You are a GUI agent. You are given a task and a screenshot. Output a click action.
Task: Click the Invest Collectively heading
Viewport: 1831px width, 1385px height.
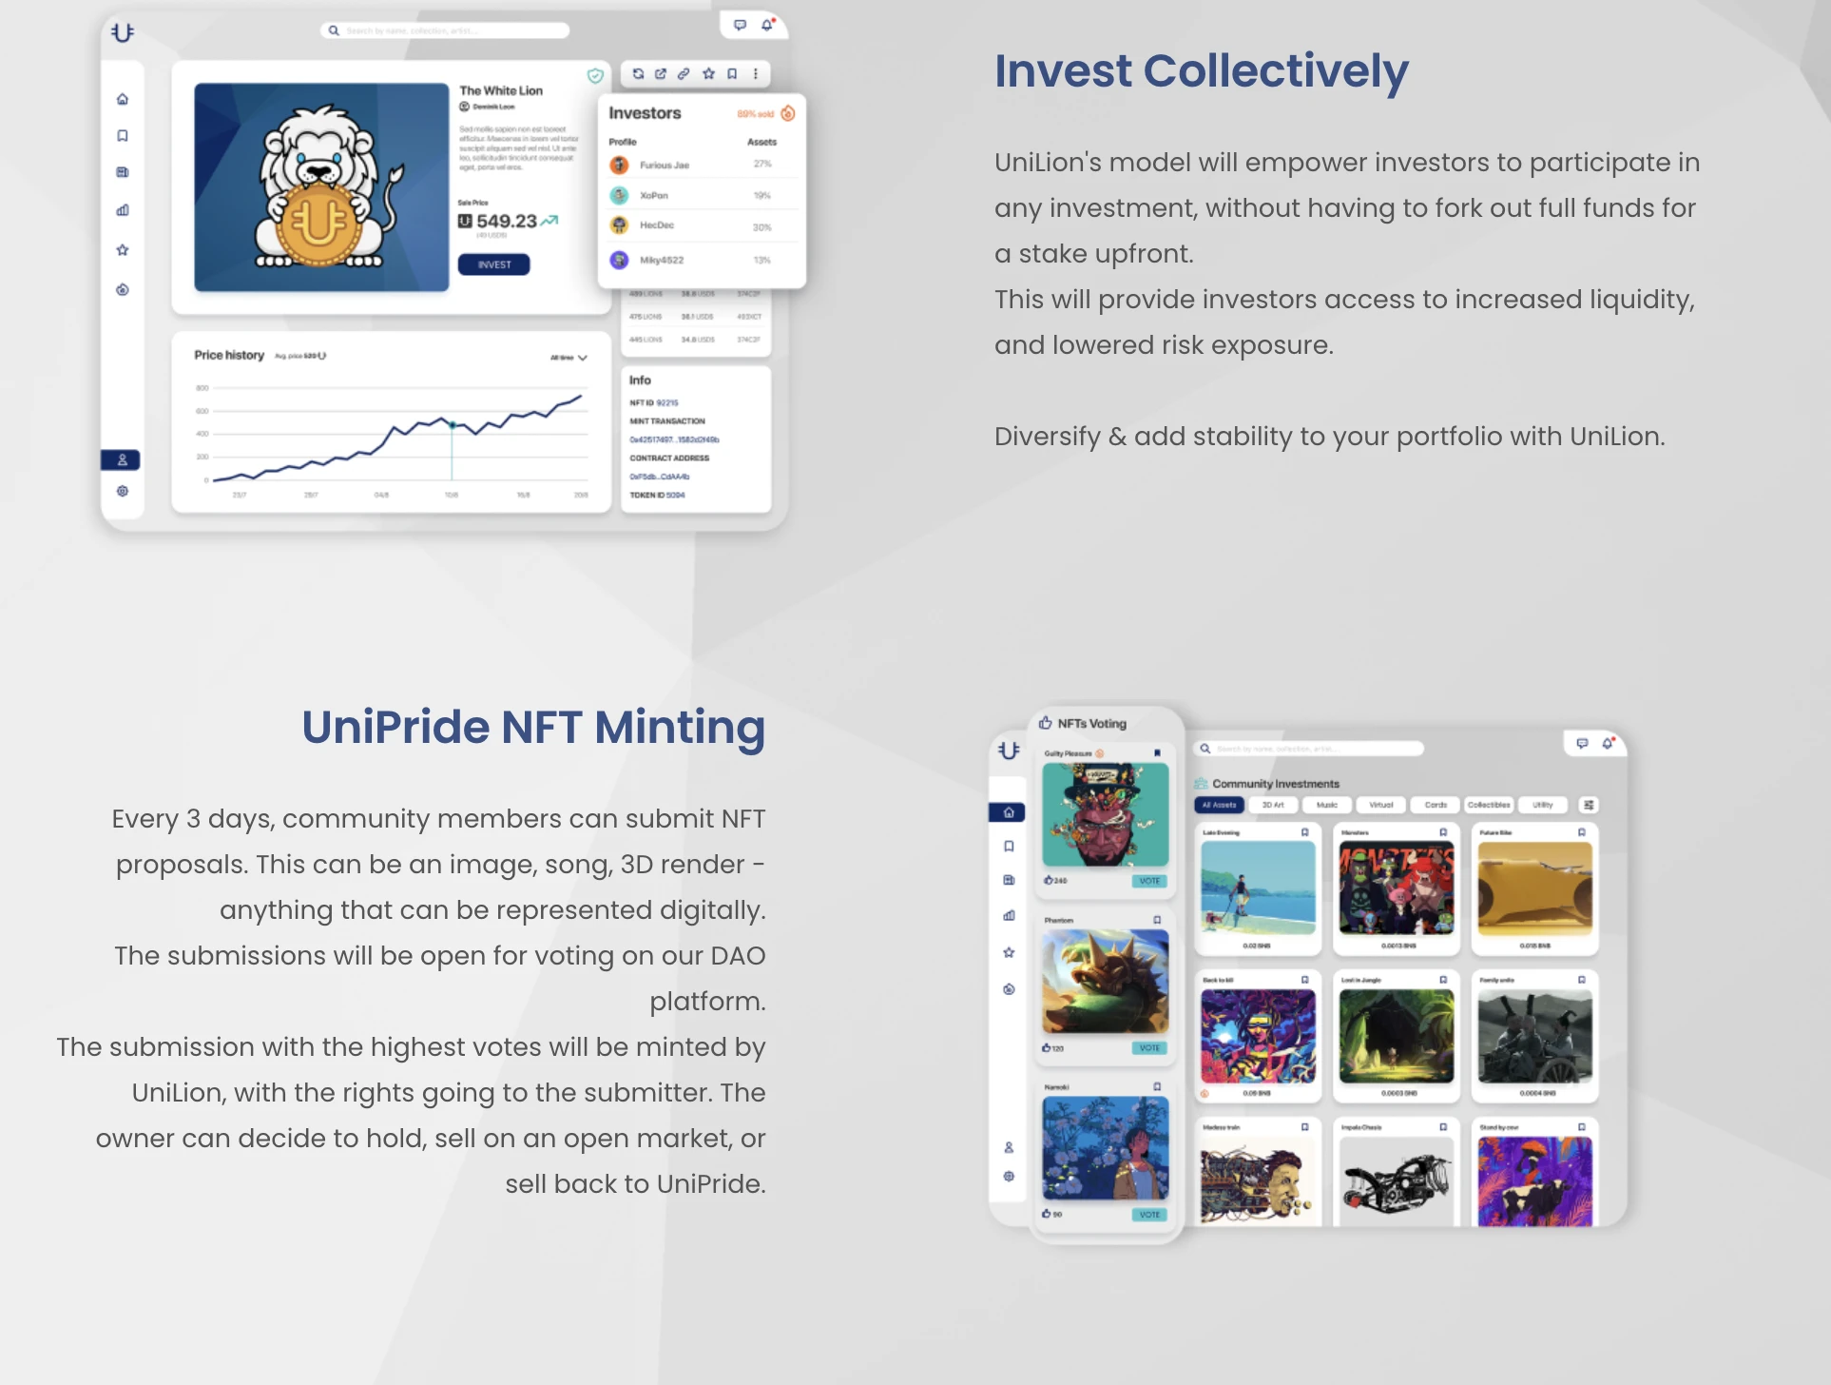click(x=1201, y=71)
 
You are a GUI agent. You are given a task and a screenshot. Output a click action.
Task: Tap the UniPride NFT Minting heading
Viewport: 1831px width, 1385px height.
click(x=533, y=728)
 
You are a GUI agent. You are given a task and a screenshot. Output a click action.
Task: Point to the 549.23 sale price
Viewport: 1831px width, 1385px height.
click(x=506, y=222)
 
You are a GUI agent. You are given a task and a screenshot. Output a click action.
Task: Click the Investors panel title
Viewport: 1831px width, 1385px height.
click(x=645, y=113)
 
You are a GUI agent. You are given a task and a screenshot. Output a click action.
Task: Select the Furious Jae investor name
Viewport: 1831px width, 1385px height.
click(x=665, y=166)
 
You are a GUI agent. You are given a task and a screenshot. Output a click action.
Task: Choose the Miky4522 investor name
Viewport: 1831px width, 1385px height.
click(x=662, y=260)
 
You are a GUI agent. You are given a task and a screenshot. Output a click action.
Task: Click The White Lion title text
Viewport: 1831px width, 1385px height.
click(x=501, y=91)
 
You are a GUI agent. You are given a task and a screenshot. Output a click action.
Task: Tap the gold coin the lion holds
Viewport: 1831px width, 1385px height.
click(x=318, y=224)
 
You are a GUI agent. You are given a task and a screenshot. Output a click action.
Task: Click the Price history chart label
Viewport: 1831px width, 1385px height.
click(x=229, y=355)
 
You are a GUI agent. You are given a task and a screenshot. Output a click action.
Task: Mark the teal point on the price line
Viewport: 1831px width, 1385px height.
click(x=453, y=425)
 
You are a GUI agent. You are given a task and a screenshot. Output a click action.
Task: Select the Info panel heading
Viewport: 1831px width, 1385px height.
click(x=640, y=380)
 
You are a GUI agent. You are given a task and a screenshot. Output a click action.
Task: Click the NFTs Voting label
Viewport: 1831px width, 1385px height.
click(x=1091, y=724)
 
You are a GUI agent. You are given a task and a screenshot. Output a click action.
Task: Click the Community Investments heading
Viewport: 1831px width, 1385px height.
click(x=1275, y=784)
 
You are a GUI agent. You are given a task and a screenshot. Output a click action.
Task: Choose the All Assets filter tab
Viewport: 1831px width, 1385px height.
click(x=1219, y=805)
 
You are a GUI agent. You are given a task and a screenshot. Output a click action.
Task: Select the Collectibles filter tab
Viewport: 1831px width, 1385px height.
click(x=1489, y=805)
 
